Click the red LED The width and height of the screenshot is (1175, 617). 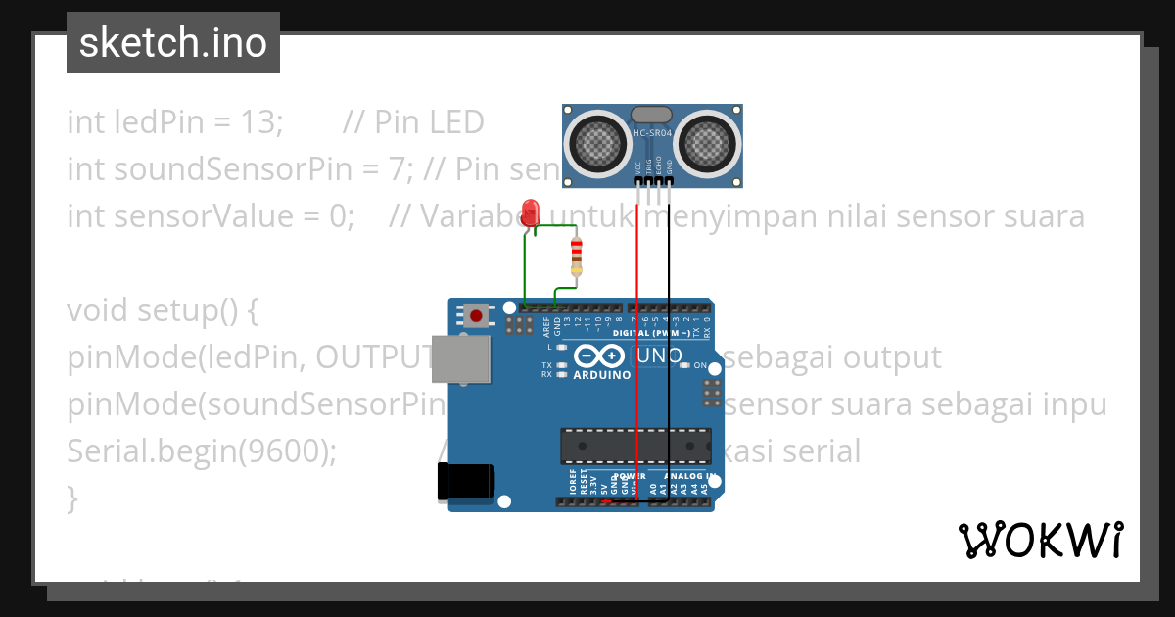coord(532,213)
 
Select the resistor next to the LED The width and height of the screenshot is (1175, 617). coord(576,257)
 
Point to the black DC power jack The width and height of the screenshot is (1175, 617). coord(465,483)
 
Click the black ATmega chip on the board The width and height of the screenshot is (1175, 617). coord(635,446)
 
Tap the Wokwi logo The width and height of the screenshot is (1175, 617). coord(1039,541)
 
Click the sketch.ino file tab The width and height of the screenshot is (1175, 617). coord(173,43)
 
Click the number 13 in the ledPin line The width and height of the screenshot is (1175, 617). coord(260,122)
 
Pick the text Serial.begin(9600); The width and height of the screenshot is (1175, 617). coord(202,451)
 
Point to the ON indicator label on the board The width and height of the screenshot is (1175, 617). coord(700,365)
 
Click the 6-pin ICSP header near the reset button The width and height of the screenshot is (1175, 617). coord(518,324)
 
